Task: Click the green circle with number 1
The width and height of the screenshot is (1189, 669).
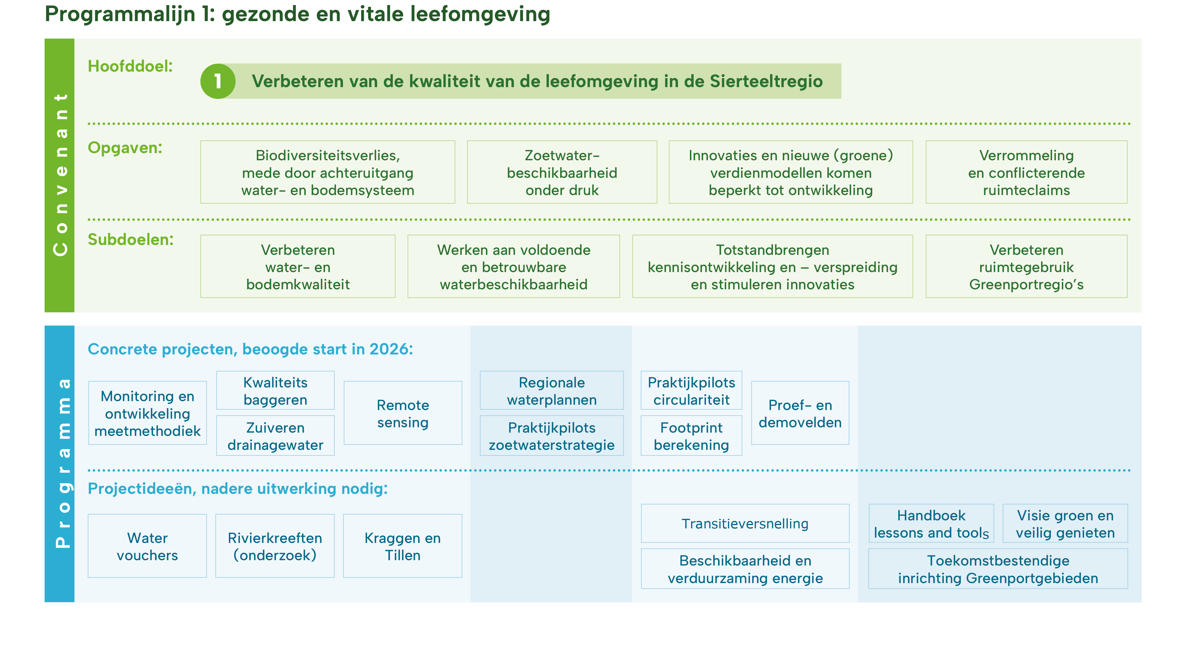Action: (x=218, y=81)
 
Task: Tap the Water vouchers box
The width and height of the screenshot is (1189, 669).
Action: (x=147, y=546)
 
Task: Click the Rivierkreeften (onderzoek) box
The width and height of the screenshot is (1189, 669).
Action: (x=275, y=546)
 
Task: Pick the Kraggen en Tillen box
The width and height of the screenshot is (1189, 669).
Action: (x=402, y=546)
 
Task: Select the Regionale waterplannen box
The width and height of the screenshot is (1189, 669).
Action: (x=552, y=391)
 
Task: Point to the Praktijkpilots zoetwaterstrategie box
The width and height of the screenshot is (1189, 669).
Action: (x=552, y=436)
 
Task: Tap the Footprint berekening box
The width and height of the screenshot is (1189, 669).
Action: (x=691, y=436)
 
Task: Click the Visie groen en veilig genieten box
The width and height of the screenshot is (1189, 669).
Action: (x=1065, y=524)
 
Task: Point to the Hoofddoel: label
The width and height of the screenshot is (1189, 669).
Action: (x=130, y=67)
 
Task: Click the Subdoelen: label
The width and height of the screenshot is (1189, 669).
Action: (x=130, y=240)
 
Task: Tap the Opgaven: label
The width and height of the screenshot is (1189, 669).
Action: (x=125, y=148)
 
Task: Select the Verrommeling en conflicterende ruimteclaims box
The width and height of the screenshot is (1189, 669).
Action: (x=1026, y=172)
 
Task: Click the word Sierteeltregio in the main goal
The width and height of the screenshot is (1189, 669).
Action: (x=766, y=81)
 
